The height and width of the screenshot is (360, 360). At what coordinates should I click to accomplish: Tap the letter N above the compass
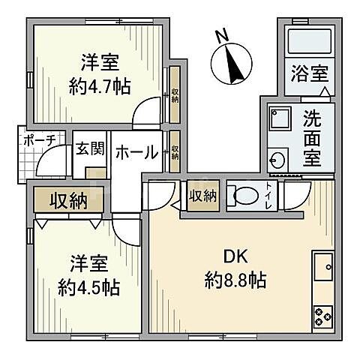click(x=220, y=35)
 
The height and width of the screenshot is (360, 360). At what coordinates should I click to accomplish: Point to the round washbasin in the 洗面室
click(x=277, y=159)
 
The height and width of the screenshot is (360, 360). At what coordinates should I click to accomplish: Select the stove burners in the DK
click(x=323, y=316)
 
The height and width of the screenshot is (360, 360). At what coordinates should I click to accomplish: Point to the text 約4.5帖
click(x=90, y=286)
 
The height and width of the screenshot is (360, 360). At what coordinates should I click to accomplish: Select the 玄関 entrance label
click(x=88, y=148)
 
